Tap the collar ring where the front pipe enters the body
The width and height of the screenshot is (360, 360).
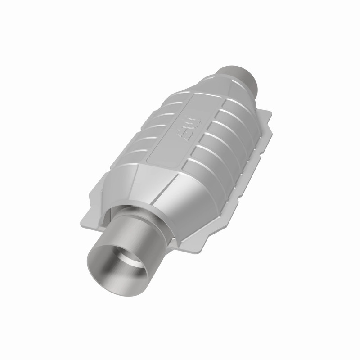pyautogui.click(x=148, y=211)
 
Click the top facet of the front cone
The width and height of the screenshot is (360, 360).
pyautogui.click(x=139, y=180)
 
